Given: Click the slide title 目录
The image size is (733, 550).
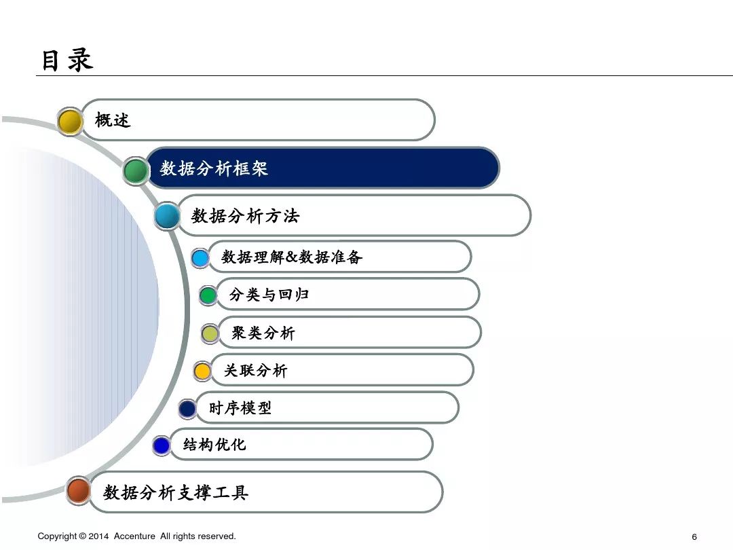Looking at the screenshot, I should click(x=67, y=60).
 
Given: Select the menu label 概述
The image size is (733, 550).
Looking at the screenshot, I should click(x=113, y=120).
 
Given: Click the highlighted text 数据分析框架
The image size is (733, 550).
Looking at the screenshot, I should click(x=214, y=168).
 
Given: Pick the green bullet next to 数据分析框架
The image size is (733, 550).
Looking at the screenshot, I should click(x=136, y=170).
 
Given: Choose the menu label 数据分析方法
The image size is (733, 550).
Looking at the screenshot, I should click(x=245, y=216).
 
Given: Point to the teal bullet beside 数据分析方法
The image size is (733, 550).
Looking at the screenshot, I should click(x=167, y=217).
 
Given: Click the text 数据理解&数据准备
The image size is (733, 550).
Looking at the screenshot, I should click(x=292, y=257).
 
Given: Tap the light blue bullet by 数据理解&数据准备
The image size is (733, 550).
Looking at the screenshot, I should click(x=200, y=258).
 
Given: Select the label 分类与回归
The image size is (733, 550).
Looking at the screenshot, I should click(x=269, y=295).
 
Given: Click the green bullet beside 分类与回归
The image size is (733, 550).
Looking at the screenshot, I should click(x=208, y=295).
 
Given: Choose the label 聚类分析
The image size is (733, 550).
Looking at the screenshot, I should click(x=263, y=333).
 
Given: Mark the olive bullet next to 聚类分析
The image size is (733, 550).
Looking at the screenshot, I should click(x=210, y=333).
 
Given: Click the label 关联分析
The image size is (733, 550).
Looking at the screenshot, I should click(x=256, y=370).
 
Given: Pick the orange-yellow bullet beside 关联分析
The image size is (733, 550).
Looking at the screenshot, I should click(x=202, y=371).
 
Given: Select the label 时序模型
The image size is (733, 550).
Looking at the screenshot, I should click(x=240, y=407).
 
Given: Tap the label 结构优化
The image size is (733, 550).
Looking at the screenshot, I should click(x=214, y=445).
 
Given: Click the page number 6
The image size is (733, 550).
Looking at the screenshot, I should click(x=694, y=536).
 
